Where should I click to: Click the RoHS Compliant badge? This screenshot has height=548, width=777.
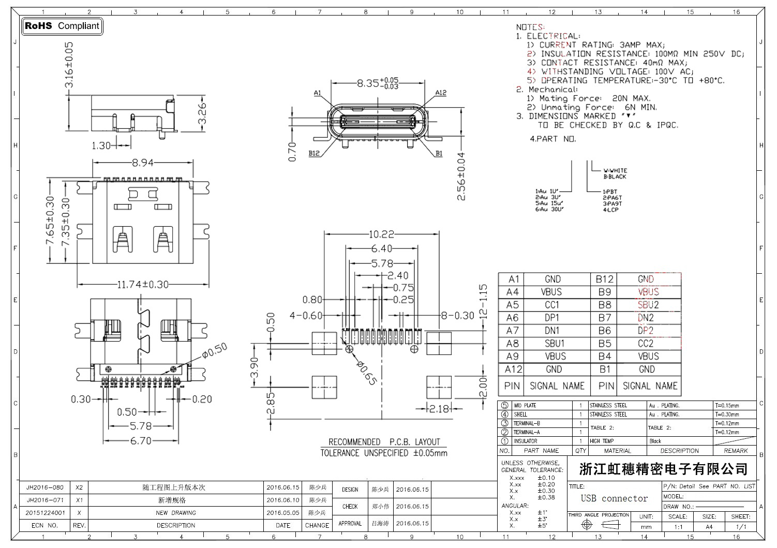click(62, 26)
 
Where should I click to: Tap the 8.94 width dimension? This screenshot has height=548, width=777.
click(142, 162)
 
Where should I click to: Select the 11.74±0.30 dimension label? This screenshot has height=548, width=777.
click(143, 284)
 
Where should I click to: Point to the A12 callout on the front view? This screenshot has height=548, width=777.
click(440, 93)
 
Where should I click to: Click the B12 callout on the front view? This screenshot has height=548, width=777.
click(314, 153)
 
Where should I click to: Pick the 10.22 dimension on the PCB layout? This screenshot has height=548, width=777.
click(381, 234)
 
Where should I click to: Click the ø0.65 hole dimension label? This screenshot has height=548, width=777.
click(367, 373)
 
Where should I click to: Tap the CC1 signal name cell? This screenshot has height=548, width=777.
click(552, 305)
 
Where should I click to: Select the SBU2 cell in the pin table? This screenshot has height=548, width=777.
click(648, 305)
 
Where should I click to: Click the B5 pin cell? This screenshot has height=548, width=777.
click(604, 344)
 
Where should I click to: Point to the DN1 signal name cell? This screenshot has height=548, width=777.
click(552, 331)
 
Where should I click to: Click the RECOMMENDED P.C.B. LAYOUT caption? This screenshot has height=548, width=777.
click(384, 442)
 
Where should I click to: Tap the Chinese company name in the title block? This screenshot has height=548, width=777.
click(663, 469)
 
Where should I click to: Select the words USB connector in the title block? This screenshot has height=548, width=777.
click(614, 498)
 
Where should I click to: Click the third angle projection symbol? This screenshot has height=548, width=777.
click(599, 525)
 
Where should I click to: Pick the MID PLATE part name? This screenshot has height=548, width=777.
click(525, 406)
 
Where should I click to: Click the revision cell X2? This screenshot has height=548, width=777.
click(79, 487)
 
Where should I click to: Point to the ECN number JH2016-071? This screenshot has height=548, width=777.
click(45, 500)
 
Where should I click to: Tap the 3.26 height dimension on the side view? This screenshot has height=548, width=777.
click(202, 113)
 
